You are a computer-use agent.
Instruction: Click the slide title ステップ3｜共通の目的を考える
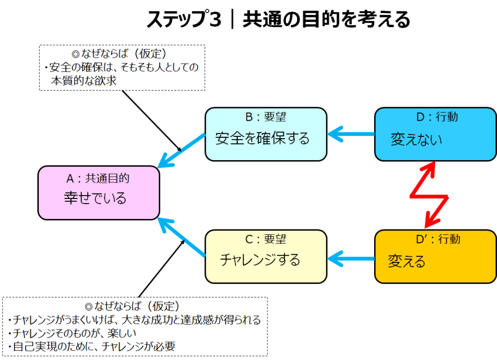pos(278,20)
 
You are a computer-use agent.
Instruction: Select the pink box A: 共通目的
pos(99,193)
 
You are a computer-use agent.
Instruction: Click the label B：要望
pos(265,117)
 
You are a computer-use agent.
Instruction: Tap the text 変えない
pos(416,140)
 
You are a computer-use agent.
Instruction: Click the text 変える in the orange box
pos(407,262)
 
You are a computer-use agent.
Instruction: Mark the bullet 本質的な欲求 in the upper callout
pos(83,81)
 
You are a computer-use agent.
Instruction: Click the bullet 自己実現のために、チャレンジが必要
pos(92,346)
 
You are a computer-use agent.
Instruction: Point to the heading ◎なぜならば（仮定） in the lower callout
pos(132,307)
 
